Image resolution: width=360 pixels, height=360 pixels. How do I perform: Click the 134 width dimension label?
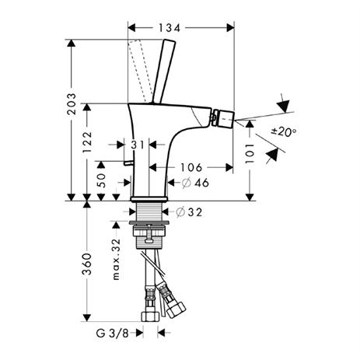(x=170, y=28)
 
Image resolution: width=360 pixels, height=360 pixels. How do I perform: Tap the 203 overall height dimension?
(x=72, y=104)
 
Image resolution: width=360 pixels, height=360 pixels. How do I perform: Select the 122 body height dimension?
(x=87, y=142)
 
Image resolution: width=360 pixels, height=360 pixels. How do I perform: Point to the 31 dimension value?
(x=137, y=145)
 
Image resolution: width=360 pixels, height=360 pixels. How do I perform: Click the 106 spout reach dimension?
(x=191, y=167)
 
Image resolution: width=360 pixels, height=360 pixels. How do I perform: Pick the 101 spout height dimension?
(x=250, y=153)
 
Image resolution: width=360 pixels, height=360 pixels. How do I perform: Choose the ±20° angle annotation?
(x=284, y=131)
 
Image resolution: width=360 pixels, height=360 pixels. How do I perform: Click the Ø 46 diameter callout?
(x=195, y=183)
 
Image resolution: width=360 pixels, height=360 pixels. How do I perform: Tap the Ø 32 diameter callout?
(x=189, y=212)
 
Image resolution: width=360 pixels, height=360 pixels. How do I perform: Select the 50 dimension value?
(x=101, y=180)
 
